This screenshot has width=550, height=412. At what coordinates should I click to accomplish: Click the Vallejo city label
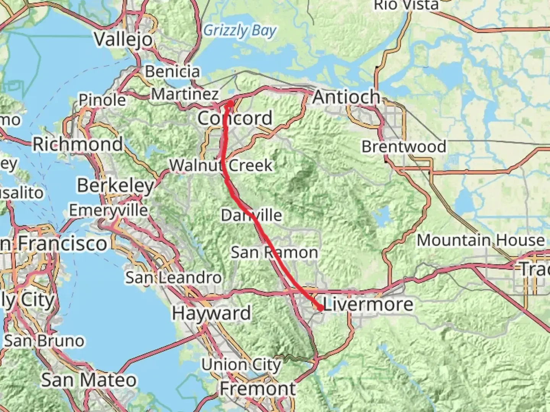click(123, 39)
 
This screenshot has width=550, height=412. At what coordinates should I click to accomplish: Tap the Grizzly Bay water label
click(239, 31)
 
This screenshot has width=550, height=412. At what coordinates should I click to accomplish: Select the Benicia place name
click(172, 71)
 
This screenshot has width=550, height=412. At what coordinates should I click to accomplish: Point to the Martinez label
click(185, 94)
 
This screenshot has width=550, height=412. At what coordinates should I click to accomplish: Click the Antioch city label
click(346, 97)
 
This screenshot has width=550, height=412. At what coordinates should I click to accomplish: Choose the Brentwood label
click(404, 146)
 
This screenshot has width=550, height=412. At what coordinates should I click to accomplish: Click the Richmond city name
click(78, 144)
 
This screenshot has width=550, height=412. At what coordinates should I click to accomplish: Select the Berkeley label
click(115, 185)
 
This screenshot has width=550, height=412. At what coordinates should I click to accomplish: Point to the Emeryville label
click(108, 210)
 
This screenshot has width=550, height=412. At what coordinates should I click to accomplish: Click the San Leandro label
click(173, 277)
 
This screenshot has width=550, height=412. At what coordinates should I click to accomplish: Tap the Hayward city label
click(211, 313)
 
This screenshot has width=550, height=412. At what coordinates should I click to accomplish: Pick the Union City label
click(241, 365)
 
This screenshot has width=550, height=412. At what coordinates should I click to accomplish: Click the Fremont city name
click(257, 389)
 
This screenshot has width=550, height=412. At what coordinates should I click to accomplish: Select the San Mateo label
click(89, 380)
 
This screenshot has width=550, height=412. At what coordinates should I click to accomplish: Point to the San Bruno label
click(44, 341)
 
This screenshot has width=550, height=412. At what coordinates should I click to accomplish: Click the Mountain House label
click(480, 240)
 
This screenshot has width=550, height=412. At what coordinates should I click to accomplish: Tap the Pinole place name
click(102, 100)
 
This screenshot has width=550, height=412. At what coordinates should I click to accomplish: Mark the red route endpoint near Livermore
click(320, 307)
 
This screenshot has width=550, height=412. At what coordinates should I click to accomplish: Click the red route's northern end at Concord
click(230, 103)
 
